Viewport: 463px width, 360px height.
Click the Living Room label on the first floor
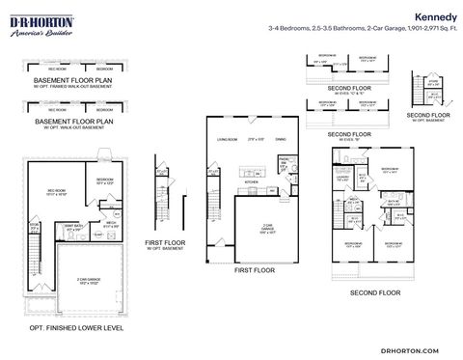click(228, 141)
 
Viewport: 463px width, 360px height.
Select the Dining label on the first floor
click(281, 141)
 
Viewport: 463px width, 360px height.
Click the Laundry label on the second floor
click(342, 177)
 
